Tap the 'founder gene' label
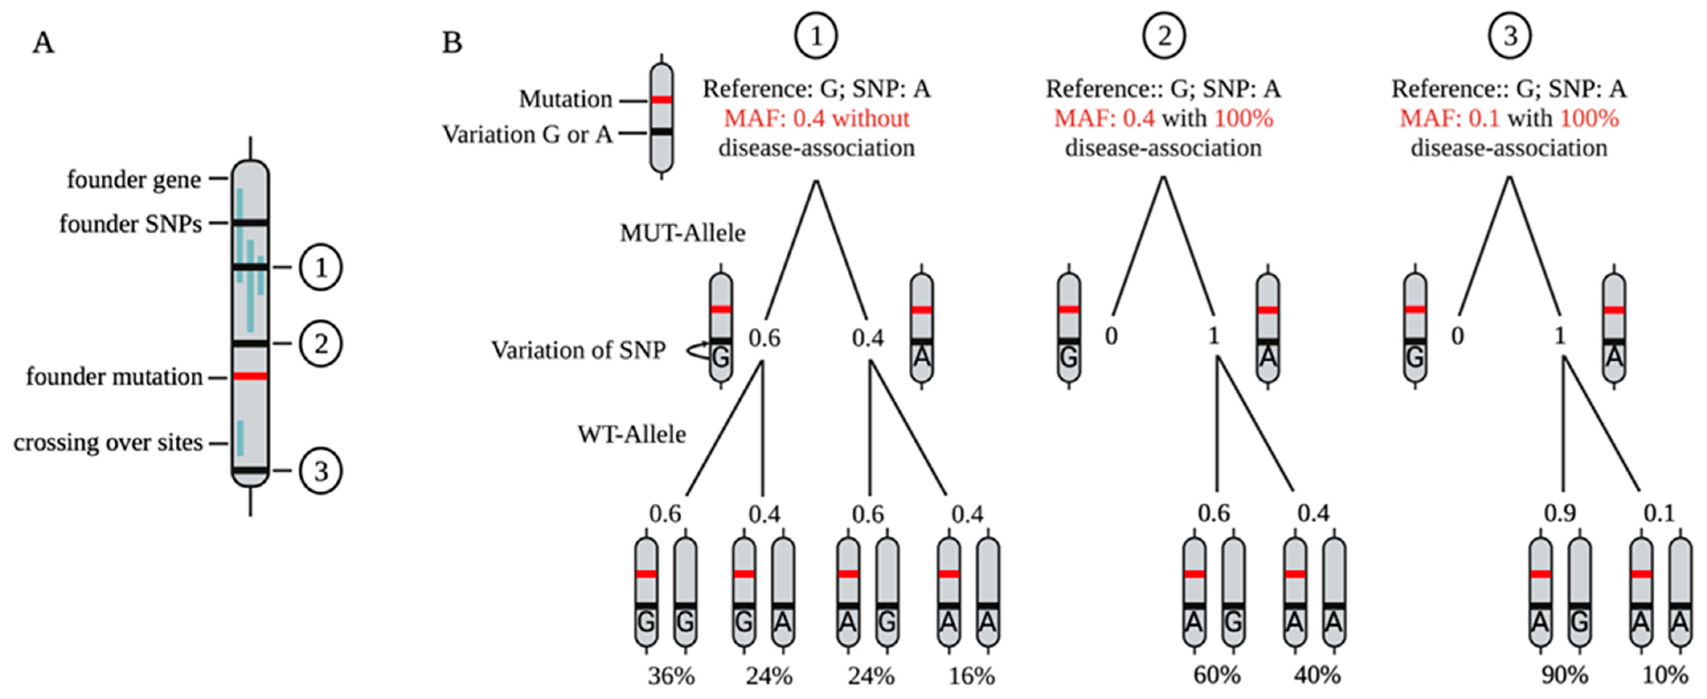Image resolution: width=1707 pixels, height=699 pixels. [134, 180]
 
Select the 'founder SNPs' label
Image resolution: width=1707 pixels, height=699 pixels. [131, 224]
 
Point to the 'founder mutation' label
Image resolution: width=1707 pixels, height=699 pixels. [114, 377]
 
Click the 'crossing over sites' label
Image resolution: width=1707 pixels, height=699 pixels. [108, 443]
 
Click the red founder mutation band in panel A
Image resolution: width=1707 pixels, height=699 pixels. [250, 376]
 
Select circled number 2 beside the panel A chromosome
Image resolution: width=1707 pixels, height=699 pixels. [321, 344]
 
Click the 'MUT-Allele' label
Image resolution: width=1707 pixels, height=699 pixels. [682, 233]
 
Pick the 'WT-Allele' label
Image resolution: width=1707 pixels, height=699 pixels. [631, 435]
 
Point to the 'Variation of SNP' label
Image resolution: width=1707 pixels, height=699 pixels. [578, 350]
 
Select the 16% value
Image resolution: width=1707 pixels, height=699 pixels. [971, 676]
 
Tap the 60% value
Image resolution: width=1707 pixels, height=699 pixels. [1217, 676]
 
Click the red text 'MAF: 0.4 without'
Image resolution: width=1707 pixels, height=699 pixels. [816, 119]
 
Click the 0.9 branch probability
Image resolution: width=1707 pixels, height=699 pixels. [1560, 513]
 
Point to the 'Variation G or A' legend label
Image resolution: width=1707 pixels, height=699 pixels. [527, 135]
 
